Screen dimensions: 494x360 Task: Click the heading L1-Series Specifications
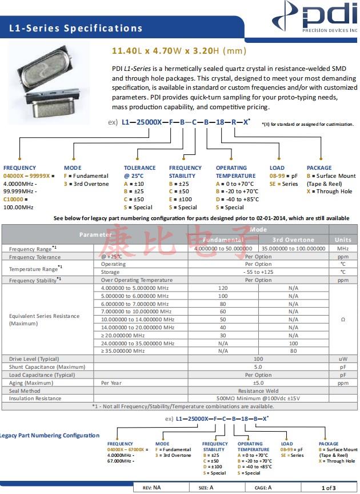pos(76,28)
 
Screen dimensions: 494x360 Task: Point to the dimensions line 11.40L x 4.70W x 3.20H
pos(178,51)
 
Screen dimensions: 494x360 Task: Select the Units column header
pos(343,240)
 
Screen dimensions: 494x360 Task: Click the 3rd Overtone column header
pos(293,240)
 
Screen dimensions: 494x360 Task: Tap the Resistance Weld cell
pos(258,391)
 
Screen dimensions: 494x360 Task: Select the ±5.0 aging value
pos(258,383)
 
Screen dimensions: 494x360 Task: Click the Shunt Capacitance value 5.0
pos(258,366)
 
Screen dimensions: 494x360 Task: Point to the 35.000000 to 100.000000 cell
pos(293,249)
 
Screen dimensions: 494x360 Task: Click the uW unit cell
pos(343,358)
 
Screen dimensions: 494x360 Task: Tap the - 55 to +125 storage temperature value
pos(258,272)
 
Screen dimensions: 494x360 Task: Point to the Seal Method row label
pos(26,391)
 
